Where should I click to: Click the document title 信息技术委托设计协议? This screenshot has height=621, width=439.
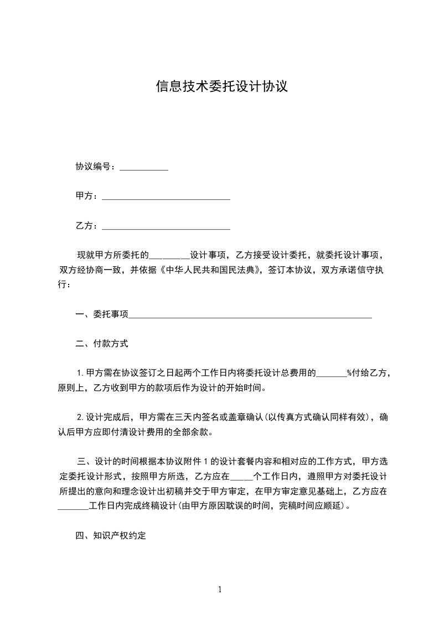[x=221, y=87]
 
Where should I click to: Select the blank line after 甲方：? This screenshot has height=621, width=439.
[x=166, y=197]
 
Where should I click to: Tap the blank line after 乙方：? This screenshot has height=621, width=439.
[x=166, y=227]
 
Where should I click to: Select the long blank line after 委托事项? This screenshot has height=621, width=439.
[x=250, y=315]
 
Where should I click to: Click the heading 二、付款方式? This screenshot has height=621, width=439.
[x=102, y=344]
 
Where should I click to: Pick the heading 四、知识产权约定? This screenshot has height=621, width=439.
[x=110, y=536]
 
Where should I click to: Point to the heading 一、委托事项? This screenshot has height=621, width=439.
[x=102, y=314]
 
